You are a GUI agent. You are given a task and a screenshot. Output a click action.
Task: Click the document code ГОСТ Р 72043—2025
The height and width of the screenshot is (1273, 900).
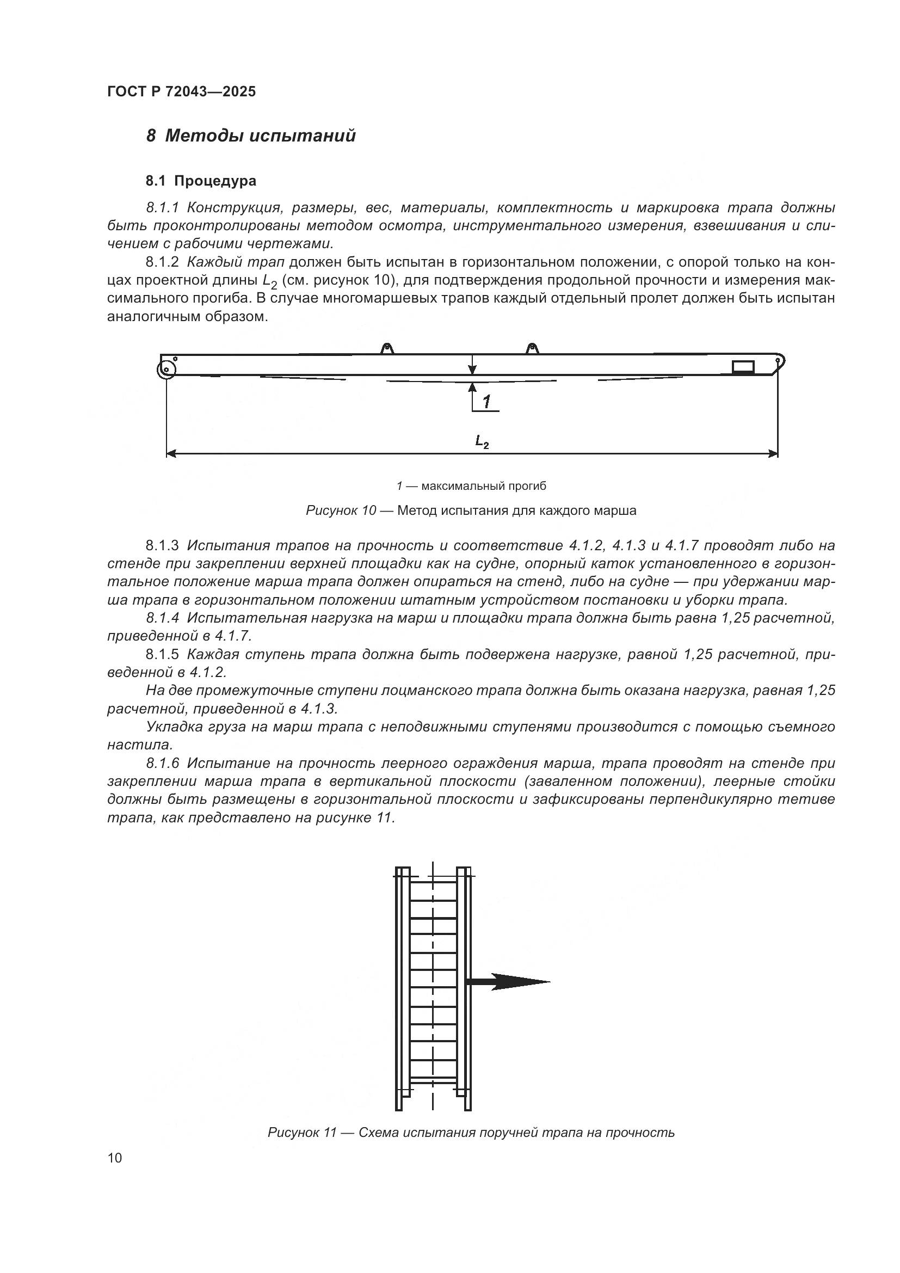click(181, 92)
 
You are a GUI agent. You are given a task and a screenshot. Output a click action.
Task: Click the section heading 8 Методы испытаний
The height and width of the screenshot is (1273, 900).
click(250, 136)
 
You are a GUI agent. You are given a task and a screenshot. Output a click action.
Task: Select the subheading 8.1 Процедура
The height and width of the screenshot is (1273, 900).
click(201, 181)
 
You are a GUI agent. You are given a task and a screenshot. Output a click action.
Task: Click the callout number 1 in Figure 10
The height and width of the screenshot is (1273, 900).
click(486, 402)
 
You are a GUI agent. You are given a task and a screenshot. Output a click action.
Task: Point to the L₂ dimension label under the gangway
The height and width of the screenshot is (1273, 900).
click(482, 442)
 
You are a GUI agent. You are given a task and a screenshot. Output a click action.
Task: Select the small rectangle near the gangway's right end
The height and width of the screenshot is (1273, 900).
click(743, 366)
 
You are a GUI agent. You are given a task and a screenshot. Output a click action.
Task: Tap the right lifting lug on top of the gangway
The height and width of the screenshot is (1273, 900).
click(532, 348)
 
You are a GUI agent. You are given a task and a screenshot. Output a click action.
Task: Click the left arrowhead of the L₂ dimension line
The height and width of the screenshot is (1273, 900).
click(171, 454)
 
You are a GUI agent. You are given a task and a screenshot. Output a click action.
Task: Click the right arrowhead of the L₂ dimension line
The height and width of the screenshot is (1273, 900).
click(773, 454)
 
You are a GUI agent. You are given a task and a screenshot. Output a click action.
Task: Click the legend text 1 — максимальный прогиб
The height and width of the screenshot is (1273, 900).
click(471, 486)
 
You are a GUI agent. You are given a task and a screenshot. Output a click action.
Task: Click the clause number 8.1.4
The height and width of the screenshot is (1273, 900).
click(162, 618)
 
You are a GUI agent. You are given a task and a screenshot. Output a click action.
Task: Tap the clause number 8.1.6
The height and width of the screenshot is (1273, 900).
click(162, 764)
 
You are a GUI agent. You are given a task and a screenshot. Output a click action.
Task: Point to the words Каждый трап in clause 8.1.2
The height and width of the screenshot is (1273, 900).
click(236, 262)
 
